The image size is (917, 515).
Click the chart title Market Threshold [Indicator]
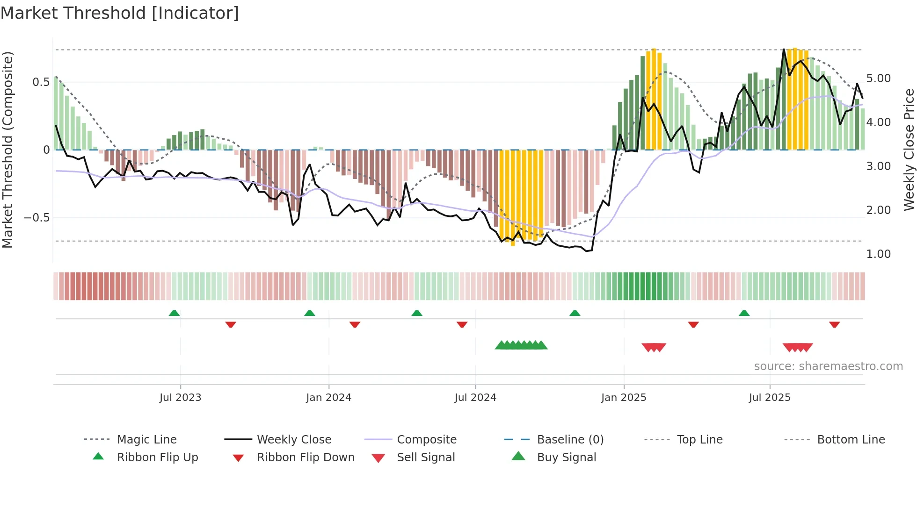tap(120, 13)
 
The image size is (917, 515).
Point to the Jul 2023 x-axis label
tap(180, 398)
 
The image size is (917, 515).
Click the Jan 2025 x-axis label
tap(624, 398)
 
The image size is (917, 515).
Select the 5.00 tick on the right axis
tap(879, 79)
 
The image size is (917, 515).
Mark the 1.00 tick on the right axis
tap(879, 254)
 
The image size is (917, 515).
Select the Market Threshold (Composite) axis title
tap(7, 150)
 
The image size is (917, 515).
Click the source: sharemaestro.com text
tap(828, 366)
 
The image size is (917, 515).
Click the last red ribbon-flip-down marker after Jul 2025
tap(834, 324)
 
